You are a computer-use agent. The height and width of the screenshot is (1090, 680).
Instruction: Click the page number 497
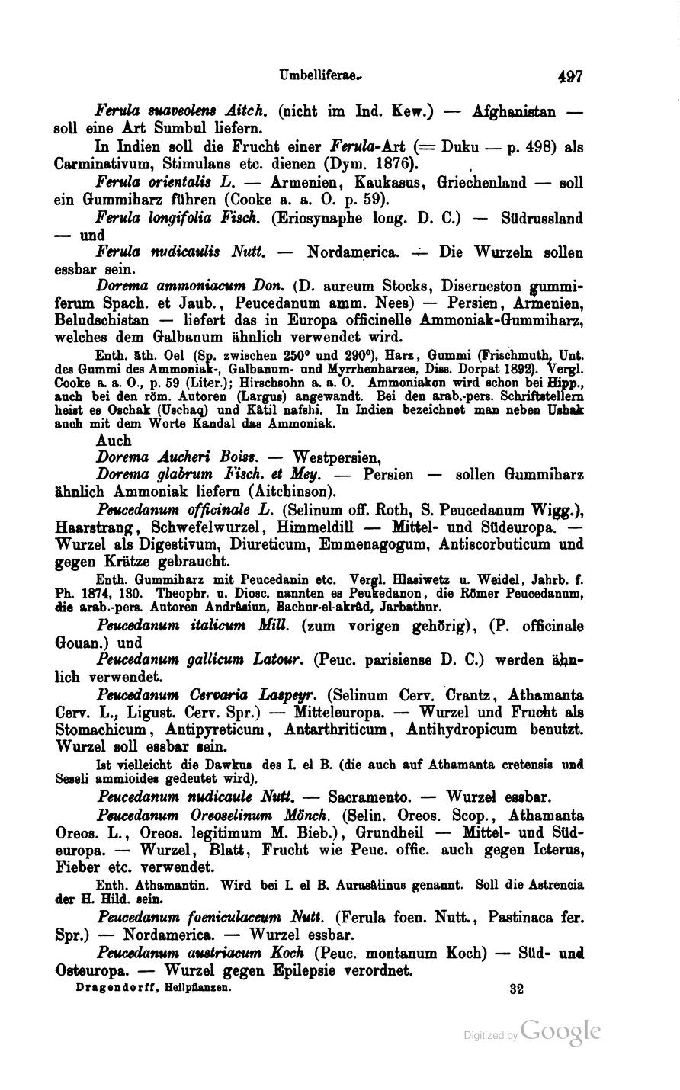[x=569, y=77]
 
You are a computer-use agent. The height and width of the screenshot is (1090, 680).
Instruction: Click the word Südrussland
[x=544, y=219]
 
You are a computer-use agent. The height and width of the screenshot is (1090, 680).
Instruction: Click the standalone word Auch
[x=114, y=441]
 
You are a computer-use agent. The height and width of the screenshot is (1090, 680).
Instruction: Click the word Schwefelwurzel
[x=210, y=527]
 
